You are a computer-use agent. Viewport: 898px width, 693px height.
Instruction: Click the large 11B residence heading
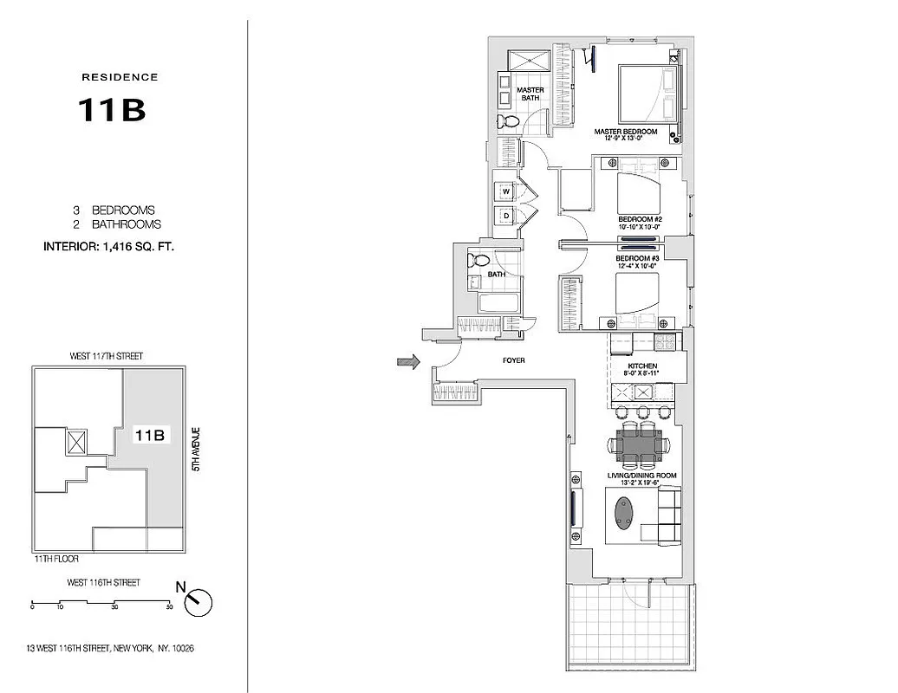click(x=112, y=110)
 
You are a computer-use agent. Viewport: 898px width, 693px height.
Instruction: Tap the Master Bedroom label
click(x=625, y=132)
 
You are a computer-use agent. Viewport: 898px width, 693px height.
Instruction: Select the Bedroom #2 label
click(x=640, y=219)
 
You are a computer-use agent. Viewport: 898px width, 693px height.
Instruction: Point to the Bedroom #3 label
click(x=637, y=258)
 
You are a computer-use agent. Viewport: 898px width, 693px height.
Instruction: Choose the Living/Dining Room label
click(x=642, y=476)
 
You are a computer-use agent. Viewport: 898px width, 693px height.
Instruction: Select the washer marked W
click(x=504, y=191)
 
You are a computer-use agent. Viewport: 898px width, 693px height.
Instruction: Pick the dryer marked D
click(x=504, y=217)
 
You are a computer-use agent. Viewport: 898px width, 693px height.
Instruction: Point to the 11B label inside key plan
click(x=148, y=437)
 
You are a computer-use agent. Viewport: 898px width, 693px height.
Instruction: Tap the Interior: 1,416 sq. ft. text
click(x=109, y=247)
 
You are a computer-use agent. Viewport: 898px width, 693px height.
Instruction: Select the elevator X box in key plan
click(x=76, y=442)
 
